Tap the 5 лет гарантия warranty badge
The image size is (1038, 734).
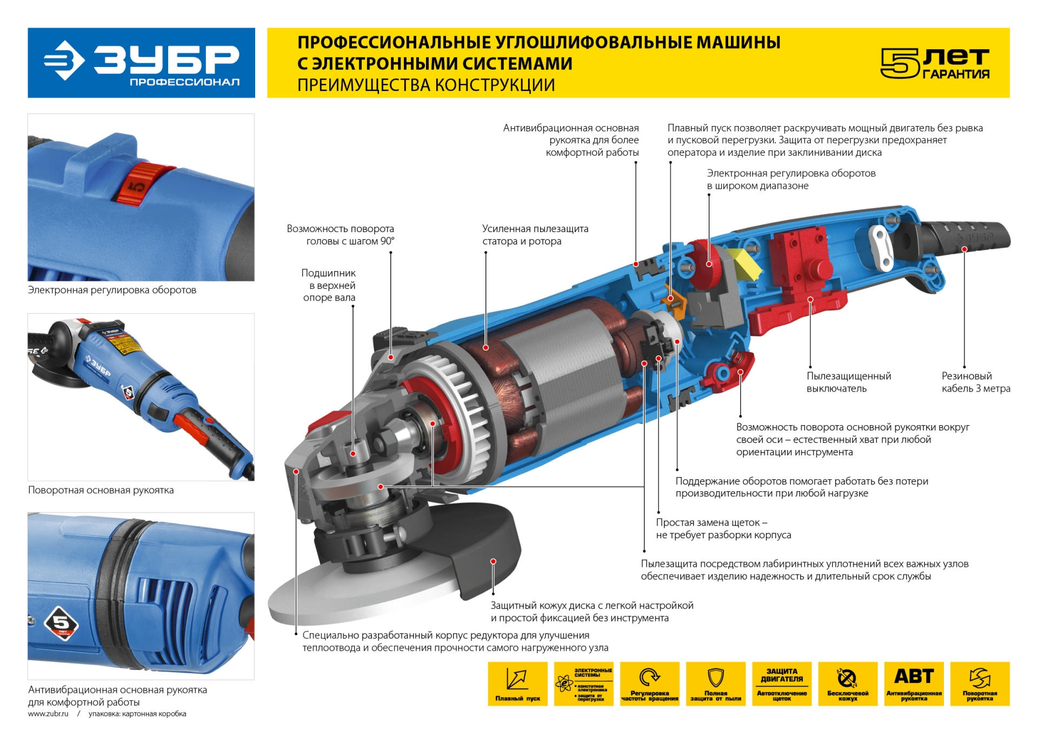(935, 63)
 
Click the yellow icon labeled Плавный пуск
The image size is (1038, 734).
(517, 683)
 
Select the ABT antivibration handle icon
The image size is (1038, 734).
(914, 683)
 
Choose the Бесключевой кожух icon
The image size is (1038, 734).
(847, 683)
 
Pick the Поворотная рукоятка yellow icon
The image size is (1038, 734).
(980, 683)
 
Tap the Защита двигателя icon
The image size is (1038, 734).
(781, 683)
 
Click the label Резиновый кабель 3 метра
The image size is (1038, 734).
(975, 382)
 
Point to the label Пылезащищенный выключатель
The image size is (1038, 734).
(848, 382)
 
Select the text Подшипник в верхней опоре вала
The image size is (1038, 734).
(329, 285)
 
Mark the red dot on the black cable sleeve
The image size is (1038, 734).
(964, 249)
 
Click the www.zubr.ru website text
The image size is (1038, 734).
(48, 713)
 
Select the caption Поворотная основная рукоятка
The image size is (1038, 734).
(101, 490)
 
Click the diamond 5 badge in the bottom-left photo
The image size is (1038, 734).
(61, 624)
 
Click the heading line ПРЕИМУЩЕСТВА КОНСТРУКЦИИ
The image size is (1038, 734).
(426, 85)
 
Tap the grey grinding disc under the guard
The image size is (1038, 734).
(346, 600)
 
